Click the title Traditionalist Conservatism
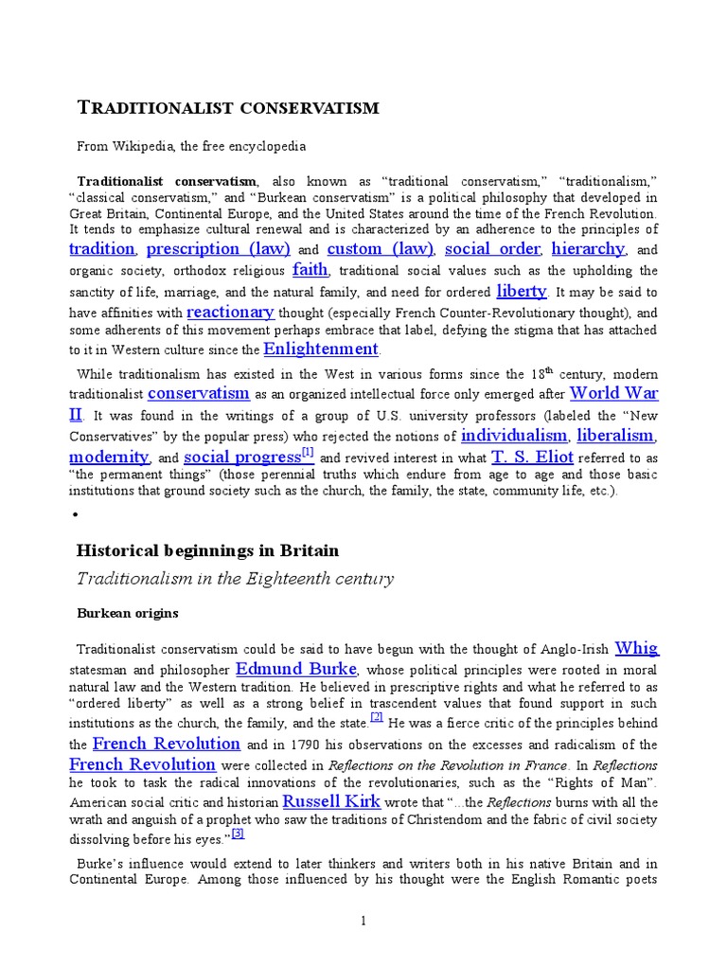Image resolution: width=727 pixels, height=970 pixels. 227,107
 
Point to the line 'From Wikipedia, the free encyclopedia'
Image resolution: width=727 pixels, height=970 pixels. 191,147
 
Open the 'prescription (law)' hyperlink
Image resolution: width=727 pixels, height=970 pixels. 220,249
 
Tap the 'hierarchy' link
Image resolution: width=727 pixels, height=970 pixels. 588,249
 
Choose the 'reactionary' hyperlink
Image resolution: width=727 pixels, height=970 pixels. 230,312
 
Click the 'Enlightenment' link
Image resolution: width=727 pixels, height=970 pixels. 321,350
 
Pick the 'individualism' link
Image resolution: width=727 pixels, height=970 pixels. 514,436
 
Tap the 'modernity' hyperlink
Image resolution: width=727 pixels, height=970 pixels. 109,458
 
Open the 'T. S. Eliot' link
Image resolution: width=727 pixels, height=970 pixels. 532,458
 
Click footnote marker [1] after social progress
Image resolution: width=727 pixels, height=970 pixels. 308,452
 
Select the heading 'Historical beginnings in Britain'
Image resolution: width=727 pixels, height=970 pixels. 206,550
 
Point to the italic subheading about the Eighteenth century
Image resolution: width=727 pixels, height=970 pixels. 234,579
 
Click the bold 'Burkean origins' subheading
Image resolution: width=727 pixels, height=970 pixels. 127,613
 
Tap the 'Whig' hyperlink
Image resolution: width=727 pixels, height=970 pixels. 636,649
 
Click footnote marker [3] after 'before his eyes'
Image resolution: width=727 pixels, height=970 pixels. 238,834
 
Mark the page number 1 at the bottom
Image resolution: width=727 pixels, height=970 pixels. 363,920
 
